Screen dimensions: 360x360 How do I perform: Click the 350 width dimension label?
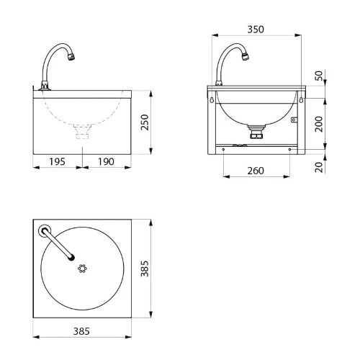pos(256,30)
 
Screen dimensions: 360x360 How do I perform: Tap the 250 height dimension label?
pos(145,122)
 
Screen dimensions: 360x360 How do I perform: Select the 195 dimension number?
pos(57,161)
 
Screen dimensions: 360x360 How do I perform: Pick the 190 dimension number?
pos(106,161)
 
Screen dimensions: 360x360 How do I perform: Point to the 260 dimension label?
pos(256,171)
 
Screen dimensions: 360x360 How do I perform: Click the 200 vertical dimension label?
pos(319,124)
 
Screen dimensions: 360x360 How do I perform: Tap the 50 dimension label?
pos(319,76)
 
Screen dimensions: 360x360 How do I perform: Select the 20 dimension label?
pos(319,167)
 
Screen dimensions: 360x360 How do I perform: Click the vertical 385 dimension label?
pos(145,269)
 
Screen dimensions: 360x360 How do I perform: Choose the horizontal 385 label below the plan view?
pos(81,331)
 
